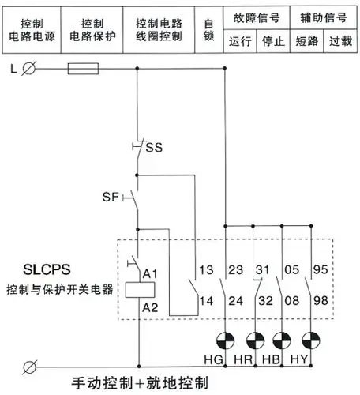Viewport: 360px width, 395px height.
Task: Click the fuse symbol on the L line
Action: pos(83,70)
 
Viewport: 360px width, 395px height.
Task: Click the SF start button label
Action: pos(111,195)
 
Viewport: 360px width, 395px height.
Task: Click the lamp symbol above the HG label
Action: pos(227,341)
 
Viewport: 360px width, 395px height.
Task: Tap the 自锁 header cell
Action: pos(208,29)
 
